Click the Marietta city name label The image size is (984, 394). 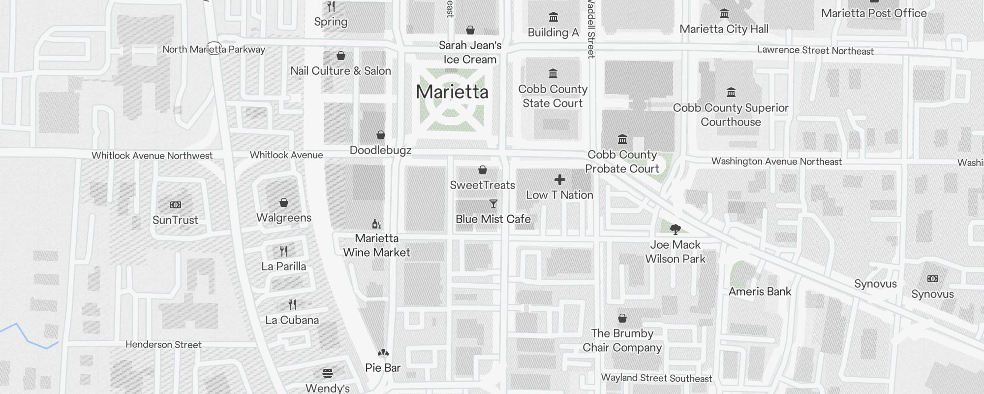click(452, 92)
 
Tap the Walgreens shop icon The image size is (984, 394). click(284, 202)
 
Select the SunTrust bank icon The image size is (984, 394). click(176, 205)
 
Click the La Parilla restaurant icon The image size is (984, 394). click(284, 251)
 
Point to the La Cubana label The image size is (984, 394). click(292, 320)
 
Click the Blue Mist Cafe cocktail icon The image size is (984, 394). click(493, 204)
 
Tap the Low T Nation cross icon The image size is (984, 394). click(559, 180)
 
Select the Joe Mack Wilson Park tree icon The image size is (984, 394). click(675, 229)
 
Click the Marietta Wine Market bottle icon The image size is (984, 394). click(377, 224)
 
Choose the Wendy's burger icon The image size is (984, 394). click(328, 373)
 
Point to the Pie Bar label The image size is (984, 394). click(383, 368)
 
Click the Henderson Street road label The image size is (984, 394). click(163, 345)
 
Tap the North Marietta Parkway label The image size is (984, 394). click(214, 49)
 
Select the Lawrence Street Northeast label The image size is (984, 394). click(815, 51)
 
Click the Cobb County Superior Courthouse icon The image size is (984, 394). click(731, 93)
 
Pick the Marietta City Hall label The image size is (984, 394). click(724, 29)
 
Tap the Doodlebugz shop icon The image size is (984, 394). click(381, 135)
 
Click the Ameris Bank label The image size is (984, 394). click(760, 292)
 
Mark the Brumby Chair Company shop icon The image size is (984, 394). click(622, 318)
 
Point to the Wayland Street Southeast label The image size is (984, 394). click(656, 378)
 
